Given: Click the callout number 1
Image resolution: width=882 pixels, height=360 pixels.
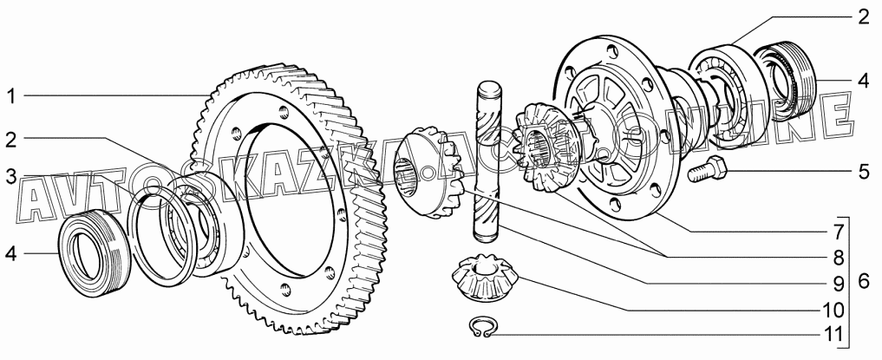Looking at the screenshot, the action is click(x=11, y=96).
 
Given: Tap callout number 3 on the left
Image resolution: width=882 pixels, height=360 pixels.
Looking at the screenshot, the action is click(x=11, y=175).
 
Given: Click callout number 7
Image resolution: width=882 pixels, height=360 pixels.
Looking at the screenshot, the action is click(x=838, y=232).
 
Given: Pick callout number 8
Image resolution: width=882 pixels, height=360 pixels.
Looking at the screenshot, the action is click(x=838, y=258).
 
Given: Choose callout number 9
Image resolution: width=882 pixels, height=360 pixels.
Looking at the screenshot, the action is click(x=838, y=284).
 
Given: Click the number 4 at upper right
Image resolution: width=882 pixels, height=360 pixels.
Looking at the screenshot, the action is click(x=864, y=81).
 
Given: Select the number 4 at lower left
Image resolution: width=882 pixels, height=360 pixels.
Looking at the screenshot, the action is click(x=11, y=254).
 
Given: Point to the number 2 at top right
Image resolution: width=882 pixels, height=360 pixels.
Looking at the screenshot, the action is click(x=864, y=16).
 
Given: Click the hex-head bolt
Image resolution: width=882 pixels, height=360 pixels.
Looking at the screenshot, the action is click(x=706, y=170).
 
